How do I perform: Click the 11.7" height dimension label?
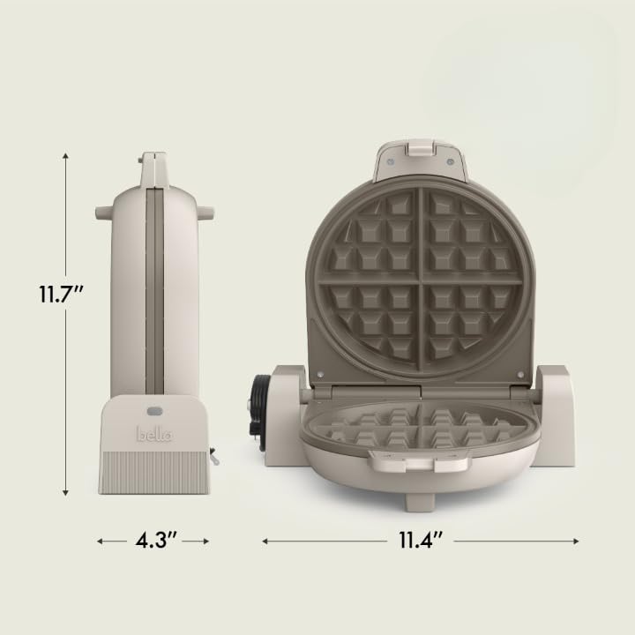point(60,294)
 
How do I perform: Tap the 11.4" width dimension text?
point(421,541)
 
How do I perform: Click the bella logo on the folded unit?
point(154,434)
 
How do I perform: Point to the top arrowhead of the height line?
point(66,155)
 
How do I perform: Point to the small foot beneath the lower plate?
point(420,502)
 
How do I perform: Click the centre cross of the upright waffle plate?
point(420,280)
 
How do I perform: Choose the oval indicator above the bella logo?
point(154,410)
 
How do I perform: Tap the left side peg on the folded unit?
point(103,213)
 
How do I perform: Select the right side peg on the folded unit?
point(205,213)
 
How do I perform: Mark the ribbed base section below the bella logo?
point(154,473)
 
